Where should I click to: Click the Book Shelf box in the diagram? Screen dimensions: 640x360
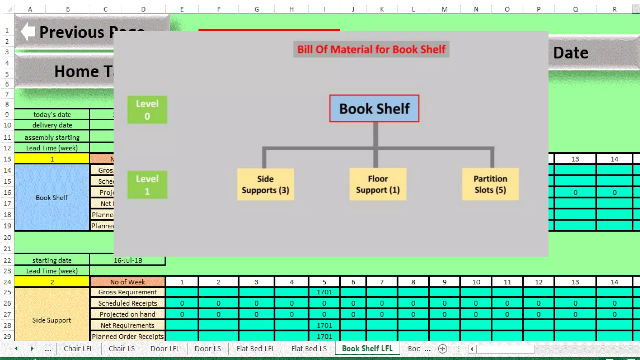pyautogui.click(x=374, y=108)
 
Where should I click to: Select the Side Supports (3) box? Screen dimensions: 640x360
pyautogui.click(x=265, y=184)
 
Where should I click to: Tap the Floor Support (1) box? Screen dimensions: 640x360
pyautogui.click(x=378, y=184)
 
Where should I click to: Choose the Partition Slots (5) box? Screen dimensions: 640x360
pyautogui.click(x=490, y=184)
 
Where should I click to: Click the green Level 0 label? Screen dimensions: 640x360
pyautogui.click(x=147, y=110)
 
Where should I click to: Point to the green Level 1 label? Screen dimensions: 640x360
pyautogui.click(x=147, y=185)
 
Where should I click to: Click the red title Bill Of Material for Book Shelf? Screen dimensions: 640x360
pyautogui.click(x=371, y=49)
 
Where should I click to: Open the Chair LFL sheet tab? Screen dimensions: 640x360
pyautogui.click(x=78, y=348)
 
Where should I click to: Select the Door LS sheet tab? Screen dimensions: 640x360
pyautogui.click(x=207, y=348)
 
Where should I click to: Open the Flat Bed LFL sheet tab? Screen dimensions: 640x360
pyautogui.click(x=255, y=348)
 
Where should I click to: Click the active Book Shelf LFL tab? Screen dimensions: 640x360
pyautogui.click(x=367, y=348)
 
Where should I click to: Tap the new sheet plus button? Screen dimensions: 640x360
pyautogui.click(x=442, y=349)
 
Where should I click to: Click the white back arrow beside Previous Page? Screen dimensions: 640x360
pyautogui.click(x=28, y=32)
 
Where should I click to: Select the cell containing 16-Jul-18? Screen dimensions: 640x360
pyautogui.click(x=127, y=260)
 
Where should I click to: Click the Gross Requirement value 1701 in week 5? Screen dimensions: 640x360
pyautogui.click(x=324, y=292)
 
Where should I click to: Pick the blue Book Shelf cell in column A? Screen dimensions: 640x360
pyautogui.click(x=52, y=197)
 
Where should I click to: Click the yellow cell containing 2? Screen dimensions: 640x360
pyautogui.click(x=52, y=282)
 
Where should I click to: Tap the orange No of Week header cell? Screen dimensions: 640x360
pyautogui.click(x=127, y=282)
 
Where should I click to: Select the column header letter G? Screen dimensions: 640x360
pyautogui.click(x=257, y=9)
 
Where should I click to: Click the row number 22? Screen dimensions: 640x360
pyautogui.click(x=7, y=260)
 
